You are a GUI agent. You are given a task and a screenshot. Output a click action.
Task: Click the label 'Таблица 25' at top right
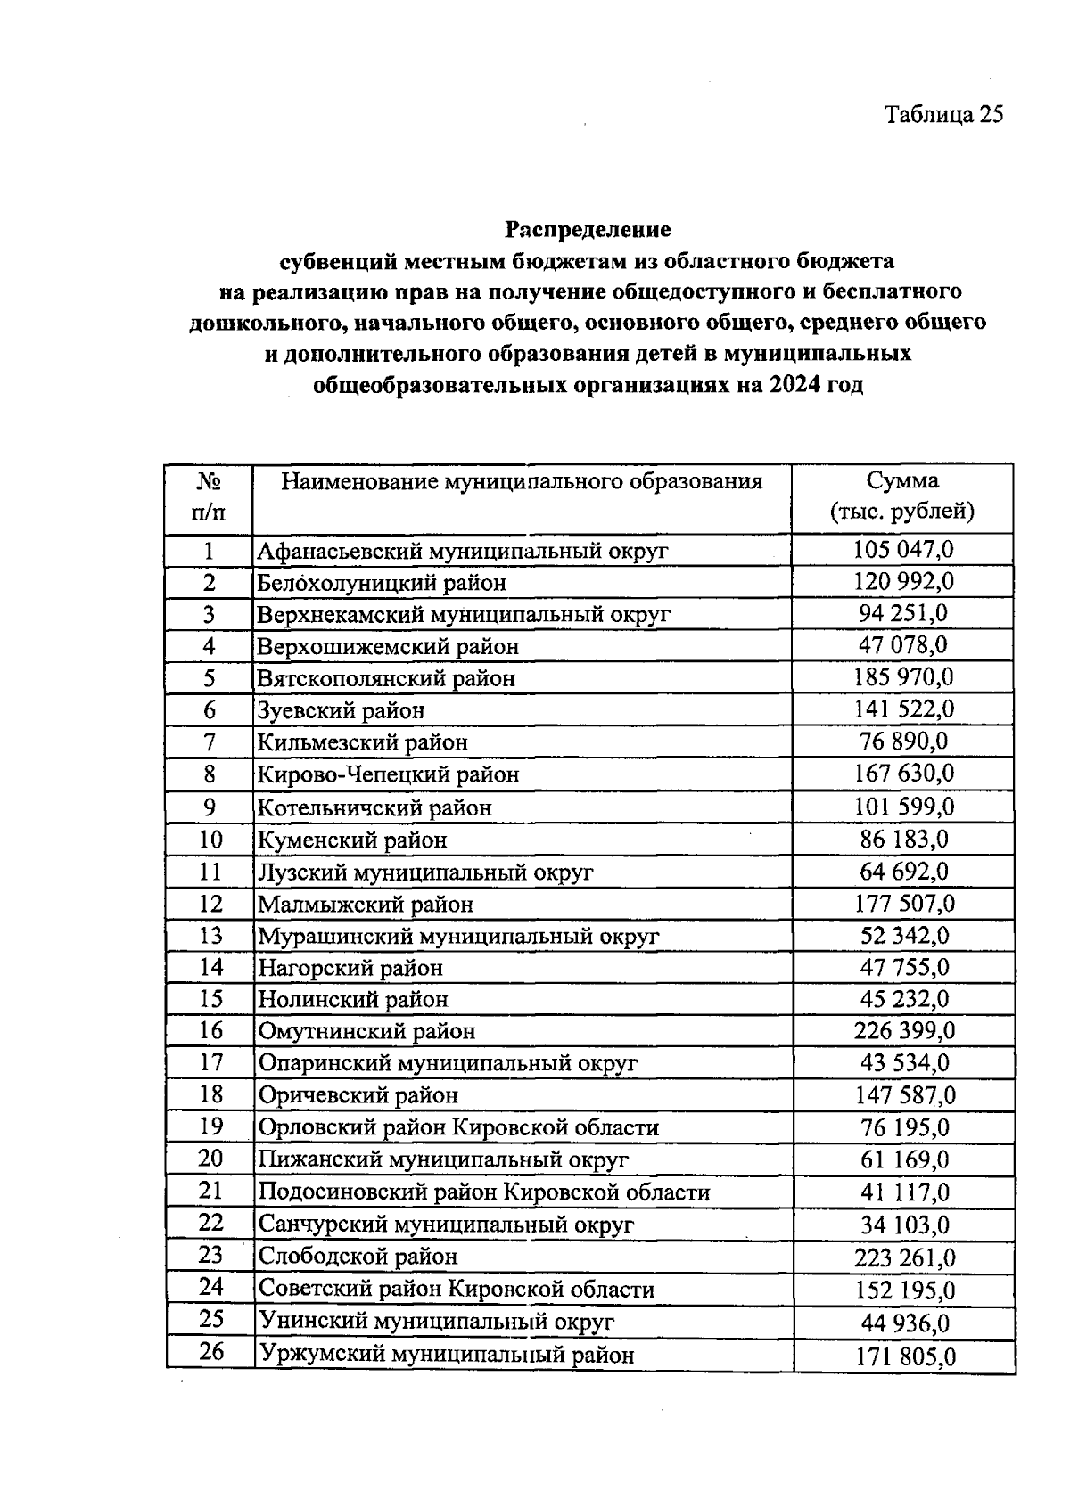943,115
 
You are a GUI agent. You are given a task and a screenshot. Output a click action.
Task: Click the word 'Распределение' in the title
588,230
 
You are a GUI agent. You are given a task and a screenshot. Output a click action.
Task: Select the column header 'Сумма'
902,481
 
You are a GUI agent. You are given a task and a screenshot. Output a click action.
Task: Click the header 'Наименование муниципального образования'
522,482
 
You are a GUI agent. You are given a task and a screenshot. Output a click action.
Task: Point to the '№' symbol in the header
209,482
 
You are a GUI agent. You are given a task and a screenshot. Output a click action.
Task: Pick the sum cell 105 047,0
903,549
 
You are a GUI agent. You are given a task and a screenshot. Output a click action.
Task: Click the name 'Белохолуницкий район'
382,583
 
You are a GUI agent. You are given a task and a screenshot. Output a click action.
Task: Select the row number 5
210,678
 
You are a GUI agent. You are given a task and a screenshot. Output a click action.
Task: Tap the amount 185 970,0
903,677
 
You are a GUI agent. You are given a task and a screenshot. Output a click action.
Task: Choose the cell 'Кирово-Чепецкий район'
388,774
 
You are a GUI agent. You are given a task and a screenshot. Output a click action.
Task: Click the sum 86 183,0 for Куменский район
903,840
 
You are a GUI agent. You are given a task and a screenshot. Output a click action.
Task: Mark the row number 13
210,935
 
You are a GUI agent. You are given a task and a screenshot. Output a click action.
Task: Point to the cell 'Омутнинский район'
366,1031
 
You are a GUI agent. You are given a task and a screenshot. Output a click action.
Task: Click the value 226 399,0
904,1031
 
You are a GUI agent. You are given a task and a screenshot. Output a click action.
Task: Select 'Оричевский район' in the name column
358,1095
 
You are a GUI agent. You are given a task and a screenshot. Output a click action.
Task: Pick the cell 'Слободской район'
358,1257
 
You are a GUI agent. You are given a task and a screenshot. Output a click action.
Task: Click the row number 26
211,1352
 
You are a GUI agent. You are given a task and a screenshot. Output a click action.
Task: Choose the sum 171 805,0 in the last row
905,1357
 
